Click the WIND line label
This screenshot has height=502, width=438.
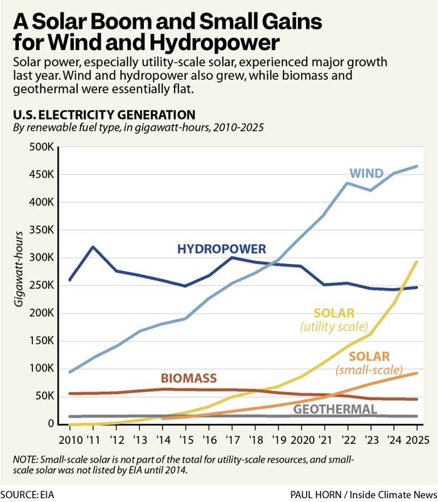tap(366, 173)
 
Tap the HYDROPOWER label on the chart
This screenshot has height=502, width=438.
tap(222, 249)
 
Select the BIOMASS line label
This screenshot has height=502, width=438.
tap(188, 378)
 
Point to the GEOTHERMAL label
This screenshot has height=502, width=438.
tap(335, 409)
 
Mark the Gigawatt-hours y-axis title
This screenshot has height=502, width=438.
tap(21, 269)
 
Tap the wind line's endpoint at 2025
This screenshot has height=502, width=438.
tap(417, 166)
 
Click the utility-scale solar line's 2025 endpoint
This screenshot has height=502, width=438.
tap(417, 262)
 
